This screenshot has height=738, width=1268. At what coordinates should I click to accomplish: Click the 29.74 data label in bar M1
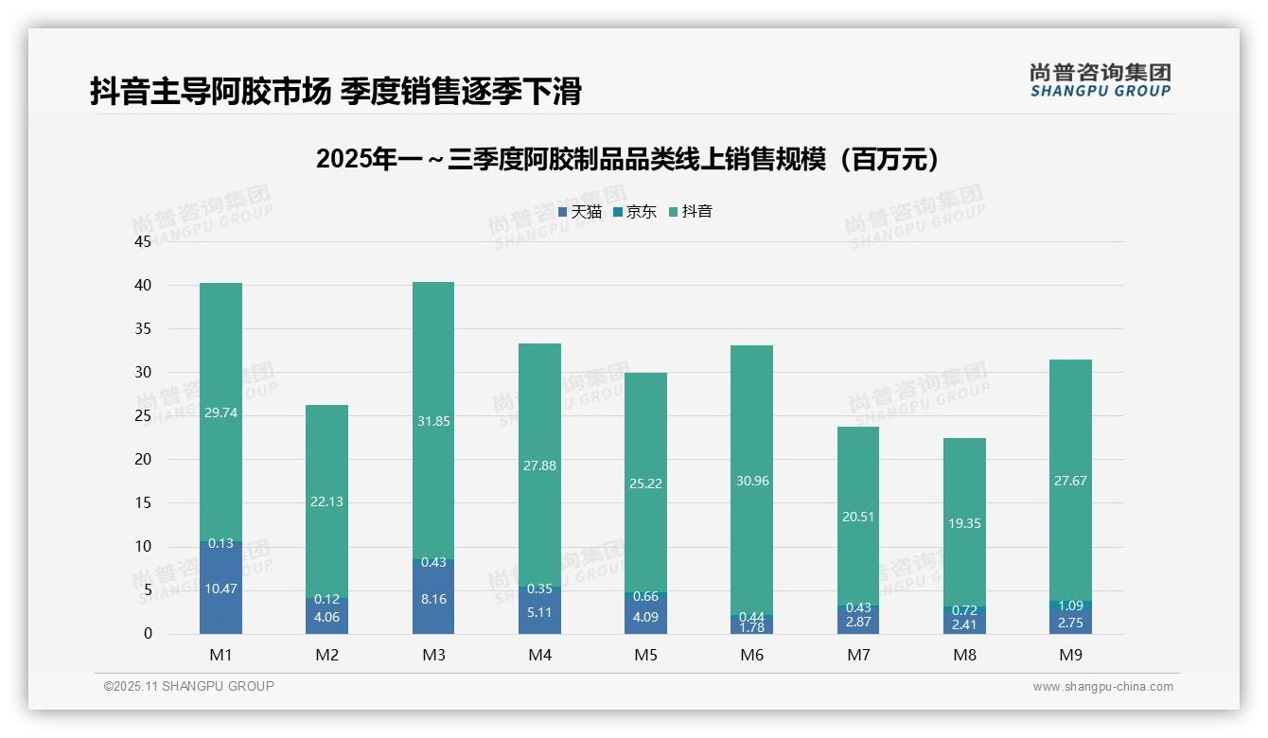pyautogui.click(x=220, y=413)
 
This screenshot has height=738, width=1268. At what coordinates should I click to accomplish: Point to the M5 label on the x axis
pyautogui.click(x=645, y=655)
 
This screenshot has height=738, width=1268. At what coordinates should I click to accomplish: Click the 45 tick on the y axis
pyautogui.click(x=143, y=241)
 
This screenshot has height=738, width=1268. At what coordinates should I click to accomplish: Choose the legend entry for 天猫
pyautogui.click(x=580, y=212)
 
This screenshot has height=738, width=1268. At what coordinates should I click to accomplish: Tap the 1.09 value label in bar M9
pyautogui.click(x=1070, y=606)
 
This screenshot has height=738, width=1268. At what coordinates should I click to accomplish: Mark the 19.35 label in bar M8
pyautogui.click(x=964, y=523)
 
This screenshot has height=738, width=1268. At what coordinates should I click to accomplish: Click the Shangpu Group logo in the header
pyautogui.click(x=1100, y=80)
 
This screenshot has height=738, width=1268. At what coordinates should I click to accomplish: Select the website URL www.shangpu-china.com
pyautogui.click(x=1102, y=687)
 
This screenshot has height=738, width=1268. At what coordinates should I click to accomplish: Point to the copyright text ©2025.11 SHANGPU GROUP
pyautogui.click(x=189, y=686)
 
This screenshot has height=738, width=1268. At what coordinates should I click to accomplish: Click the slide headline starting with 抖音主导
pyautogui.click(x=335, y=91)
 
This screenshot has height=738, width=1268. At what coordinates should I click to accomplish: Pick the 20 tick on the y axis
pyautogui.click(x=143, y=459)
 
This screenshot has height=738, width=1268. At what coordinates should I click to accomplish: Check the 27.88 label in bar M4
pyautogui.click(x=539, y=466)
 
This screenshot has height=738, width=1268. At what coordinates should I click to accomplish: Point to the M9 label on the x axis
pyautogui.click(x=1070, y=655)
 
